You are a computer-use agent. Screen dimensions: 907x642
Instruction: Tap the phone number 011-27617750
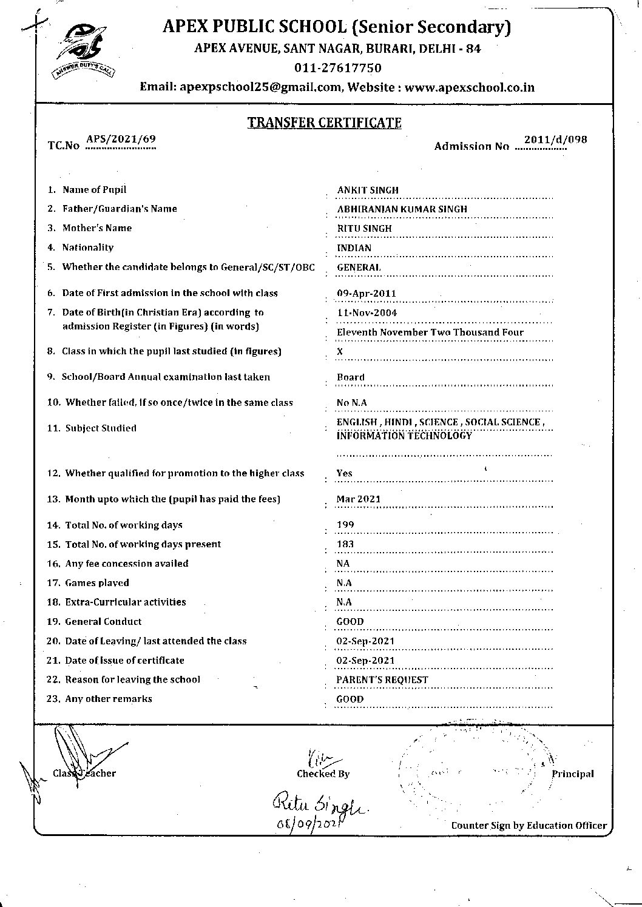[338, 67]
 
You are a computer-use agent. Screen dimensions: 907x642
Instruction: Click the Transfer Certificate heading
[324, 123]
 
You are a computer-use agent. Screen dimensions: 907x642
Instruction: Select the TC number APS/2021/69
[121, 139]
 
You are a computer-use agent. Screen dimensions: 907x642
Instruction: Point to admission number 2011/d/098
[556, 140]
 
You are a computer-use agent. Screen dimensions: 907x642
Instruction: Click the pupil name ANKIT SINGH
[368, 190]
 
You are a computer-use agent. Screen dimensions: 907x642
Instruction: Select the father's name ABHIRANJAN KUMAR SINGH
[402, 209]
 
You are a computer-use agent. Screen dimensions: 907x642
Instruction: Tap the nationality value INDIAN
[354, 248]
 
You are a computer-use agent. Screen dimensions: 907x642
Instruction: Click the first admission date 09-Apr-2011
[367, 294]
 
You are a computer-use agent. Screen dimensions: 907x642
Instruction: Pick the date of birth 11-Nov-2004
[367, 313]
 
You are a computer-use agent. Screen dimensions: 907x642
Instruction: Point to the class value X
[340, 352]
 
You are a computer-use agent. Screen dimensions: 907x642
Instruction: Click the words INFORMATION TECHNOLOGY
[404, 436]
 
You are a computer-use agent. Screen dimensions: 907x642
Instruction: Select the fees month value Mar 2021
[359, 499]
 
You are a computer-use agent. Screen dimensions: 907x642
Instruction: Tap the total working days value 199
[345, 525]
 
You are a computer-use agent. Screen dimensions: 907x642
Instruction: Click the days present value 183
[345, 544]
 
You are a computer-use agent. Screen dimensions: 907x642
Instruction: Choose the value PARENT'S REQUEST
[382, 680]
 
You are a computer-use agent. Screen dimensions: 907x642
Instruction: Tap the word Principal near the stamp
[573, 774]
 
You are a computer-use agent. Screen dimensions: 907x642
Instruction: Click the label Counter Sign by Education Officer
[529, 825]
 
